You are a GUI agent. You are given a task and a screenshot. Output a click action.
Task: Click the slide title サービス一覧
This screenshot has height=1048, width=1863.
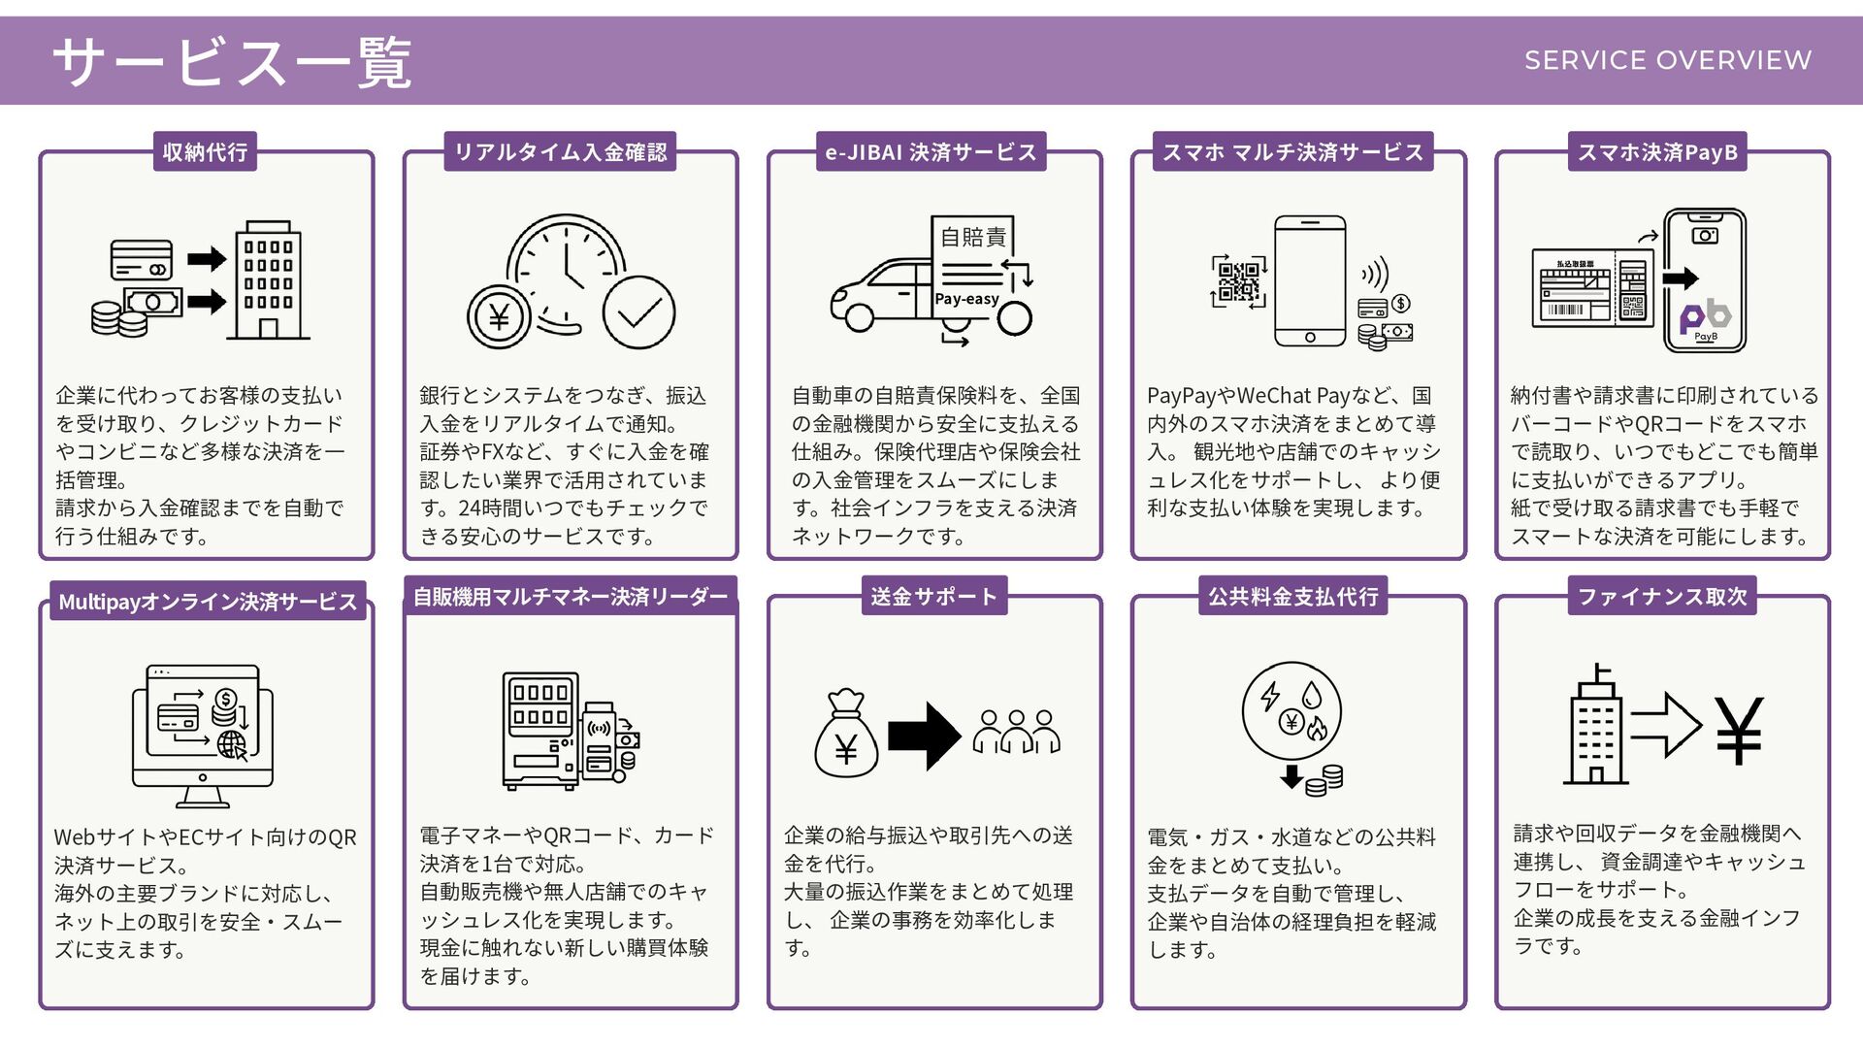pos(233,62)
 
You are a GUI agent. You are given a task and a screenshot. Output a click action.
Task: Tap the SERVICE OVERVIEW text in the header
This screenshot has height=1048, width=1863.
pos(1667,60)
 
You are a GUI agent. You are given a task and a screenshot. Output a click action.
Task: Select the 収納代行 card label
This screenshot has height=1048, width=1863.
pos(205,152)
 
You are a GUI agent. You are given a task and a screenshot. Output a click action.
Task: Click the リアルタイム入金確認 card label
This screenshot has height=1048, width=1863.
pos(561,152)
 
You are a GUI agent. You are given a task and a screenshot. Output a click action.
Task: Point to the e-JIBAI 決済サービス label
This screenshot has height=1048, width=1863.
pos(931,152)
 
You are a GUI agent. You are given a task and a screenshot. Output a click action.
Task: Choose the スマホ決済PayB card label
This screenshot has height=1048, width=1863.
pos(1657,152)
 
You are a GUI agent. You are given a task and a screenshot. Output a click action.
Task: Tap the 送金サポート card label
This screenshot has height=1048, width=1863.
pos(933,597)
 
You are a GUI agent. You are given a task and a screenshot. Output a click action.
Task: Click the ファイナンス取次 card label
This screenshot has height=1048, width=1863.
pos(1662,597)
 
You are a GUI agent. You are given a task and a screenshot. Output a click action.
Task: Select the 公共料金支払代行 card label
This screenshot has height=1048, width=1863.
pos(1292,597)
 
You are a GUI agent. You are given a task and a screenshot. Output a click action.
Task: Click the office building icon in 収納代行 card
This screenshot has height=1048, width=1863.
pos(268,281)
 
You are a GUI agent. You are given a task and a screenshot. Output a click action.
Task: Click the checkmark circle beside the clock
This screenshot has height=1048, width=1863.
pos(638,312)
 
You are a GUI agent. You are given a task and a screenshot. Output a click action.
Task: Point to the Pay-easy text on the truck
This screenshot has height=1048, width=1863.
pos(966,299)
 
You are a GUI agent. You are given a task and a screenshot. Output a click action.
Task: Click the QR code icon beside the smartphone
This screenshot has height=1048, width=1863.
pos(1239,281)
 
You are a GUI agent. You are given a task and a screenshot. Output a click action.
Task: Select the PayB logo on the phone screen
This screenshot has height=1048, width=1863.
pos(1705,317)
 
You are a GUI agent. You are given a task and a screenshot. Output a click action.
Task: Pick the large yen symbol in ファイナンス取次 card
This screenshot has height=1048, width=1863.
pos(1738,731)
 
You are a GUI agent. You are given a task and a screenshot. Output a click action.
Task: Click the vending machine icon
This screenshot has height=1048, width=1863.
pos(541,731)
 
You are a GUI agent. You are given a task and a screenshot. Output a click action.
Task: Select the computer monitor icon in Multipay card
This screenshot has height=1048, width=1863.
pos(203,735)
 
